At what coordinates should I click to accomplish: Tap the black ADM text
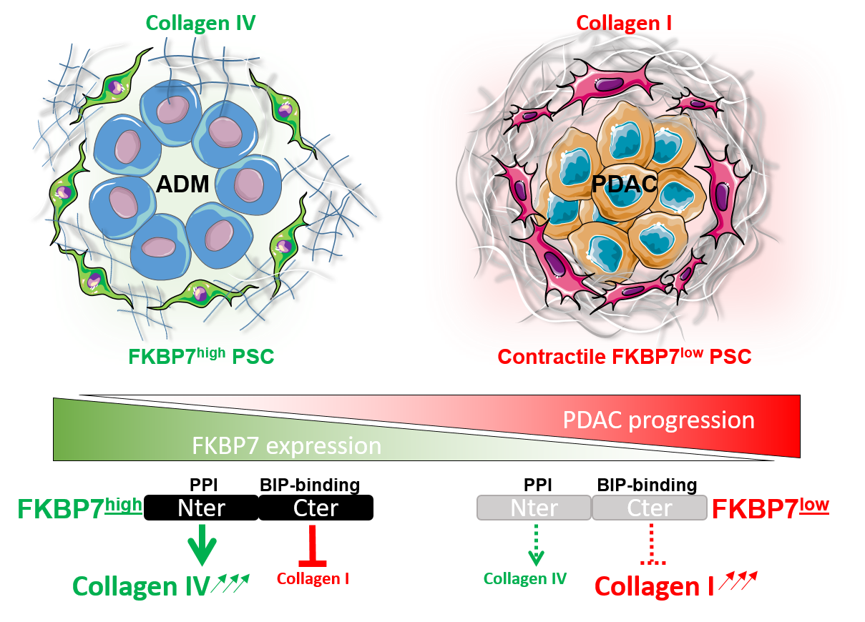coord(183,184)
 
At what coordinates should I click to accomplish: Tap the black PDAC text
coord(624,184)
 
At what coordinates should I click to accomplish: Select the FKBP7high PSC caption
coord(202,355)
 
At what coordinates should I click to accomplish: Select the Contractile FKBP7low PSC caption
coord(624,355)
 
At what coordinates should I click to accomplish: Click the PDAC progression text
coord(658,420)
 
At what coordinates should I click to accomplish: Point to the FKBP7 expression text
coord(286,446)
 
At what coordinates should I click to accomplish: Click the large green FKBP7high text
coord(79,508)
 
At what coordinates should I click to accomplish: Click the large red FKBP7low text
coord(771,508)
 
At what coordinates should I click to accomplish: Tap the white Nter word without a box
coord(201,508)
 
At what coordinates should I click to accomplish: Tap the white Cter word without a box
coord(316,508)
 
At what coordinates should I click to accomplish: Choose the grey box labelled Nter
coord(534,508)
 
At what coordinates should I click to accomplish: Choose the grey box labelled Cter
coord(650,508)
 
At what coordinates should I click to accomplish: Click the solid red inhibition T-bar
coord(313,547)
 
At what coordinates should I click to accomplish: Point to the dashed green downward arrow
coord(534,545)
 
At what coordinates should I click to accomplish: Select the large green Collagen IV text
coord(140,587)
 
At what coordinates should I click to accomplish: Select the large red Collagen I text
coord(655,587)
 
